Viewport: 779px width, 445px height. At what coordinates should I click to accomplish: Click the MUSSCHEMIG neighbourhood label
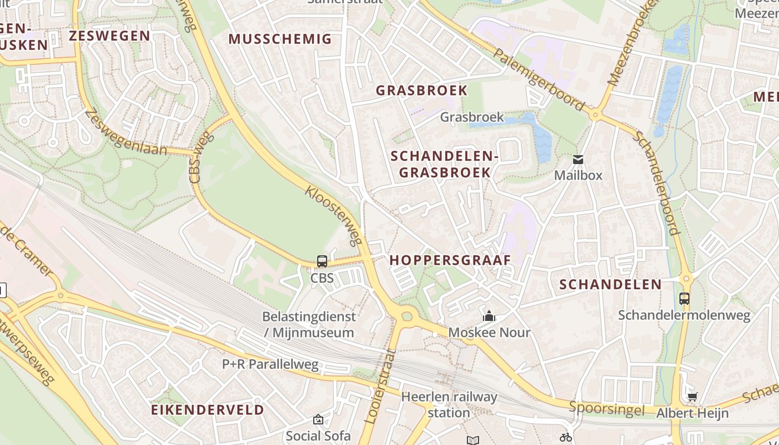point(280,39)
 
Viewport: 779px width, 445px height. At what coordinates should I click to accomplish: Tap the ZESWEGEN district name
point(109,36)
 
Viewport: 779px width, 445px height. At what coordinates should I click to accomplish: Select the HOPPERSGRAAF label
point(450,260)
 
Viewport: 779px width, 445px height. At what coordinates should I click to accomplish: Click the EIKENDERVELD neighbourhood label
point(208,410)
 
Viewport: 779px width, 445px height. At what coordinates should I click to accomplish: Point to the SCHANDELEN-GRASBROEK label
point(445,164)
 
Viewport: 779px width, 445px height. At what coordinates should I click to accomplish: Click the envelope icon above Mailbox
point(578,160)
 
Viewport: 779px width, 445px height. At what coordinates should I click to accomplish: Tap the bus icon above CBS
point(322,261)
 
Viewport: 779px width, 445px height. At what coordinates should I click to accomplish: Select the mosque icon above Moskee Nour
point(489,317)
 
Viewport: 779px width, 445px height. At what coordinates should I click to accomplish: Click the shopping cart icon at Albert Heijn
point(692,397)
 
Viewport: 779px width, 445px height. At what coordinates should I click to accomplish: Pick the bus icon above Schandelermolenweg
point(684,299)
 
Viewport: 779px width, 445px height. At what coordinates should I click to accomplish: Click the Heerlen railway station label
point(449,404)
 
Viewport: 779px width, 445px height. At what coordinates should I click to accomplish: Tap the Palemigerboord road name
point(539,80)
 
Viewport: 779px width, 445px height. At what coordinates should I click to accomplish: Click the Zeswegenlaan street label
point(126,132)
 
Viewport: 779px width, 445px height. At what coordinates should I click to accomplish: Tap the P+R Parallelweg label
point(270,364)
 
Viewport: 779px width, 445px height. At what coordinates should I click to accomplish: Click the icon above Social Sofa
point(318,419)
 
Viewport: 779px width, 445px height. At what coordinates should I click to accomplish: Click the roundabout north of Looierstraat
point(407,317)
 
